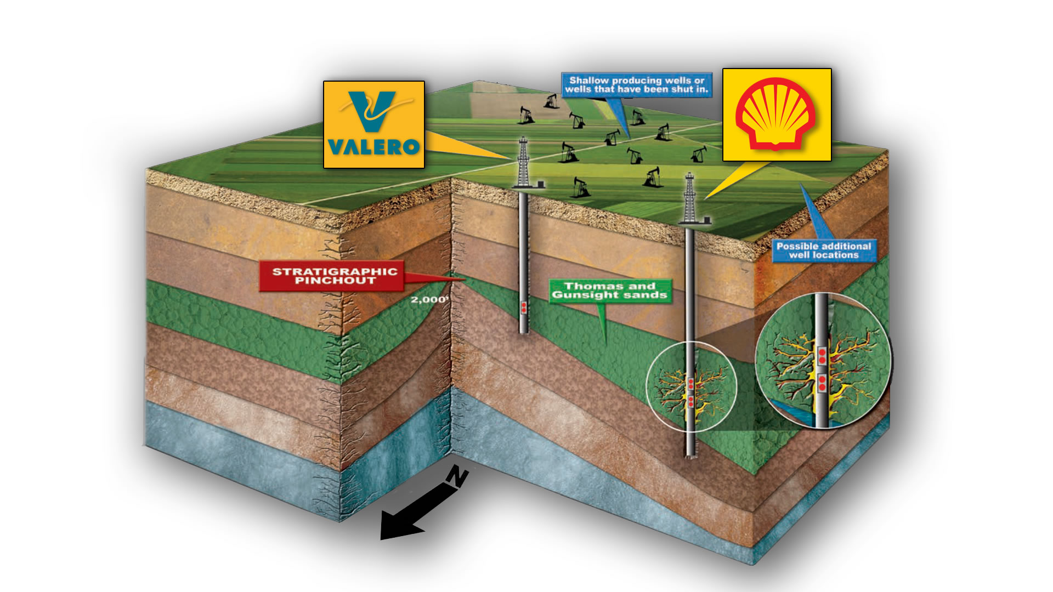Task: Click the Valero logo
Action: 374,124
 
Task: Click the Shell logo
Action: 777,115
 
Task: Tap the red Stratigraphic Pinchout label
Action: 334,276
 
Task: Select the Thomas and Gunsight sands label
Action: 609,291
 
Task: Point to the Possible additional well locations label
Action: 823,251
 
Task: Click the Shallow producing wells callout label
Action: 636,85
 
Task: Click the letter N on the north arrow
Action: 457,476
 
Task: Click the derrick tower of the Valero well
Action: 524,162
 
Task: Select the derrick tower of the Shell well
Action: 689,197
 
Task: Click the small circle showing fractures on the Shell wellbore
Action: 691,386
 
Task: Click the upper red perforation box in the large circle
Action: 822,356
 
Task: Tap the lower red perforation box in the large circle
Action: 822,383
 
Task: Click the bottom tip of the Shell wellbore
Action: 690,454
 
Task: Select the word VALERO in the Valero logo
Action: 374,147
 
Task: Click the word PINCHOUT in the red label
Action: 335,281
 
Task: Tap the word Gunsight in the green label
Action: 581,295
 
